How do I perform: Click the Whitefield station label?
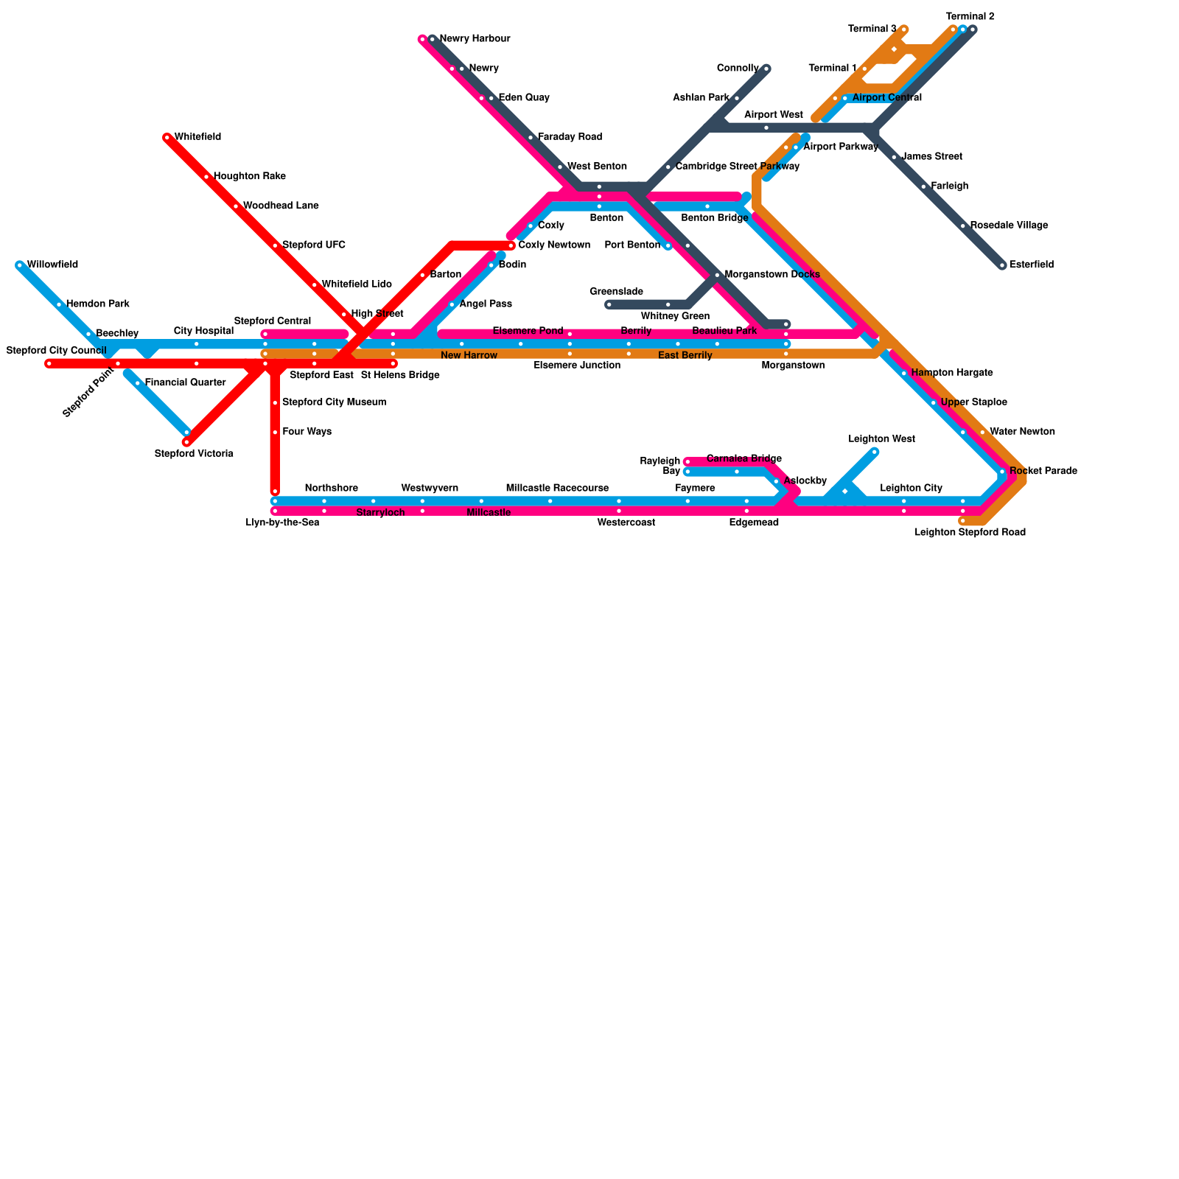click(197, 137)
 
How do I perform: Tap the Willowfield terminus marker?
click(20, 265)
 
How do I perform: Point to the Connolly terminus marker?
click(766, 69)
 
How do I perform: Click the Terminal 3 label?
click(872, 29)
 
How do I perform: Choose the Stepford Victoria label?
click(194, 454)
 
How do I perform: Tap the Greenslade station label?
click(616, 292)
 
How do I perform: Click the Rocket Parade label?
click(1043, 472)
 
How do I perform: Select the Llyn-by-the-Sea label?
click(282, 523)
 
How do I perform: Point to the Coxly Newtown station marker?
click(511, 245)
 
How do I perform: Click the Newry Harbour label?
click(475, 39)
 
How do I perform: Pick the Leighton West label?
click(881, 439)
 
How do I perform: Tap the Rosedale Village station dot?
click(963, 226)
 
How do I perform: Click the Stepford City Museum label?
click(334, 402)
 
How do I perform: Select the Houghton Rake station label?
click(249, 177)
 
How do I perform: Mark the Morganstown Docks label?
click(772, 275)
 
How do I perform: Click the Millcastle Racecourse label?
click(557, 489)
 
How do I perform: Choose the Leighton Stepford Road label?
click(970, 533)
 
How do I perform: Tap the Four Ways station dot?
click(275, 433)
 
